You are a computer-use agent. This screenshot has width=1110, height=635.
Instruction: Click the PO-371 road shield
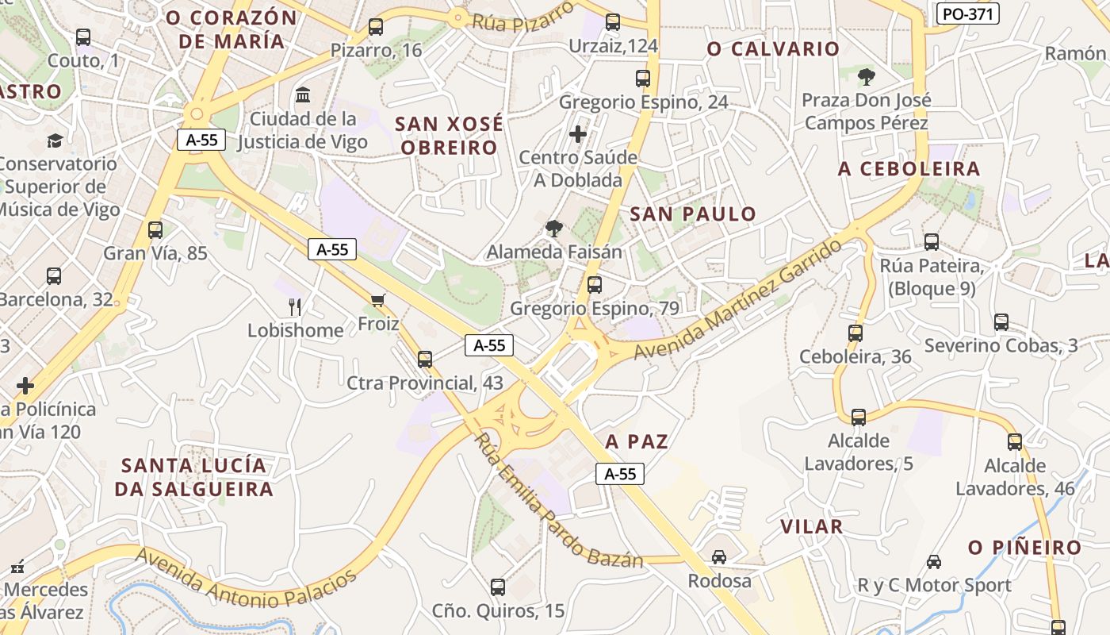pyautogui.click(x=967, y=13)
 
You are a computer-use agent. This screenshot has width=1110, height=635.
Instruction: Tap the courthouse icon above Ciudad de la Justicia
pyautogui.click(x=302, y=96)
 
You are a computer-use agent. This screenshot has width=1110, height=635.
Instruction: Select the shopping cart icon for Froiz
pyautogui.click(x=377, y=299)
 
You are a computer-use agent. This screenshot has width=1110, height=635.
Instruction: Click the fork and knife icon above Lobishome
pyautogui.click(x=295, y=306)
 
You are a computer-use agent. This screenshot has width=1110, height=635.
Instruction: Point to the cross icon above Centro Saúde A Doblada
pyautogui.click(x=578, y=133)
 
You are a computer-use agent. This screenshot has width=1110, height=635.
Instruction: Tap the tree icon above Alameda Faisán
pyautogui.click(x=554, y=229)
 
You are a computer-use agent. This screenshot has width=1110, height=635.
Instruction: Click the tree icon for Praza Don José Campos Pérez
pyautogui.click(x=867, y=77)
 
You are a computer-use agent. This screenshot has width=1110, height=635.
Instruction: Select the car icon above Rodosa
pyautogui.click(x=719, y=557)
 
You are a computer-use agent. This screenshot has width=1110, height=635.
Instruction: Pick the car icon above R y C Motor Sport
pyautogui.click(x=934, y=562)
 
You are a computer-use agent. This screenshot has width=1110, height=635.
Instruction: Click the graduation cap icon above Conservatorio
pyautogui.click(x=54, y=140)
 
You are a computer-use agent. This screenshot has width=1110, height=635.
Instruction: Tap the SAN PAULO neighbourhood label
pyautogui.click(x=693, y=214)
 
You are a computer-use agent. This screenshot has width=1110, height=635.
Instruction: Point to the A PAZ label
pyautogui.click(x=637, y=441)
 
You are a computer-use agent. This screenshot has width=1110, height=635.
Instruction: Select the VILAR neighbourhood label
pyautogui.click(x=811, y=526)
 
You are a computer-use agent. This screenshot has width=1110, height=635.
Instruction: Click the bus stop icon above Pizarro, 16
pyautogui.click(x=376, y=27)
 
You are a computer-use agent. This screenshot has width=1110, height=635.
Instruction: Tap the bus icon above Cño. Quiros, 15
pyautogui.click(x=498, y=587)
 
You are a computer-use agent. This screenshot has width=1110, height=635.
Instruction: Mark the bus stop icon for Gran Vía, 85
pyautogui.click(x=155, y=230)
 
